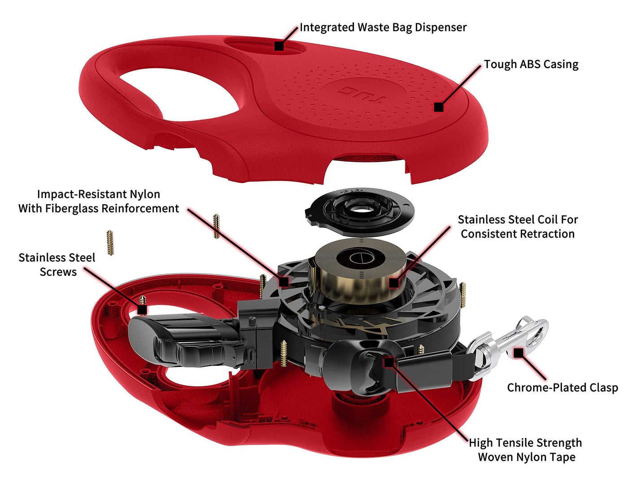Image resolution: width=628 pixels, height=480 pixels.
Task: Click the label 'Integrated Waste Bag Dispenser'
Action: point(383,28)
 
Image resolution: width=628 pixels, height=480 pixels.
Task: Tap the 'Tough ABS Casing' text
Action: point(531,64)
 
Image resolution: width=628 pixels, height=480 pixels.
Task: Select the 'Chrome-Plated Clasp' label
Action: point(563,388)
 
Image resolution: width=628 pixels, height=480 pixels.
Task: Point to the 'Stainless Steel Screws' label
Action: point(57,265)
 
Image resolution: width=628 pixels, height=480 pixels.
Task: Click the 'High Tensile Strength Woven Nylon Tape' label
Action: point(525,449)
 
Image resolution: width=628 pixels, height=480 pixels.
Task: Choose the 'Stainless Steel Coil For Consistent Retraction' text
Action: point(518,227)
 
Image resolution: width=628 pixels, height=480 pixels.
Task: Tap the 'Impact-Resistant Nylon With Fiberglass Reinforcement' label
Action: point(99,201)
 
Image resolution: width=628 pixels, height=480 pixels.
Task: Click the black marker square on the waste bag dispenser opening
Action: point(279,46)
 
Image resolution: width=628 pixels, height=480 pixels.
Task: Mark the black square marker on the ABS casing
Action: point(439,107)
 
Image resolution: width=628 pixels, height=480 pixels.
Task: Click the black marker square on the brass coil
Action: point(394,283)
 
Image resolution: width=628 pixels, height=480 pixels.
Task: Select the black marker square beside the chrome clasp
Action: point(518,353)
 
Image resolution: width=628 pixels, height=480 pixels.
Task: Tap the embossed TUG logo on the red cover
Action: point(362,94)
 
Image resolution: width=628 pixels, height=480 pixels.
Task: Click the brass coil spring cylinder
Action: point(361,271)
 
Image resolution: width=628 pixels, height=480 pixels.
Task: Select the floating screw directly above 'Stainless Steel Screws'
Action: point(110,243)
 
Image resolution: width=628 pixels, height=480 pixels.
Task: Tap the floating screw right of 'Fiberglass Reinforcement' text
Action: point(217,226)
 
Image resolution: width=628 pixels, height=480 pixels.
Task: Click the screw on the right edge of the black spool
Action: point(462,295)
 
